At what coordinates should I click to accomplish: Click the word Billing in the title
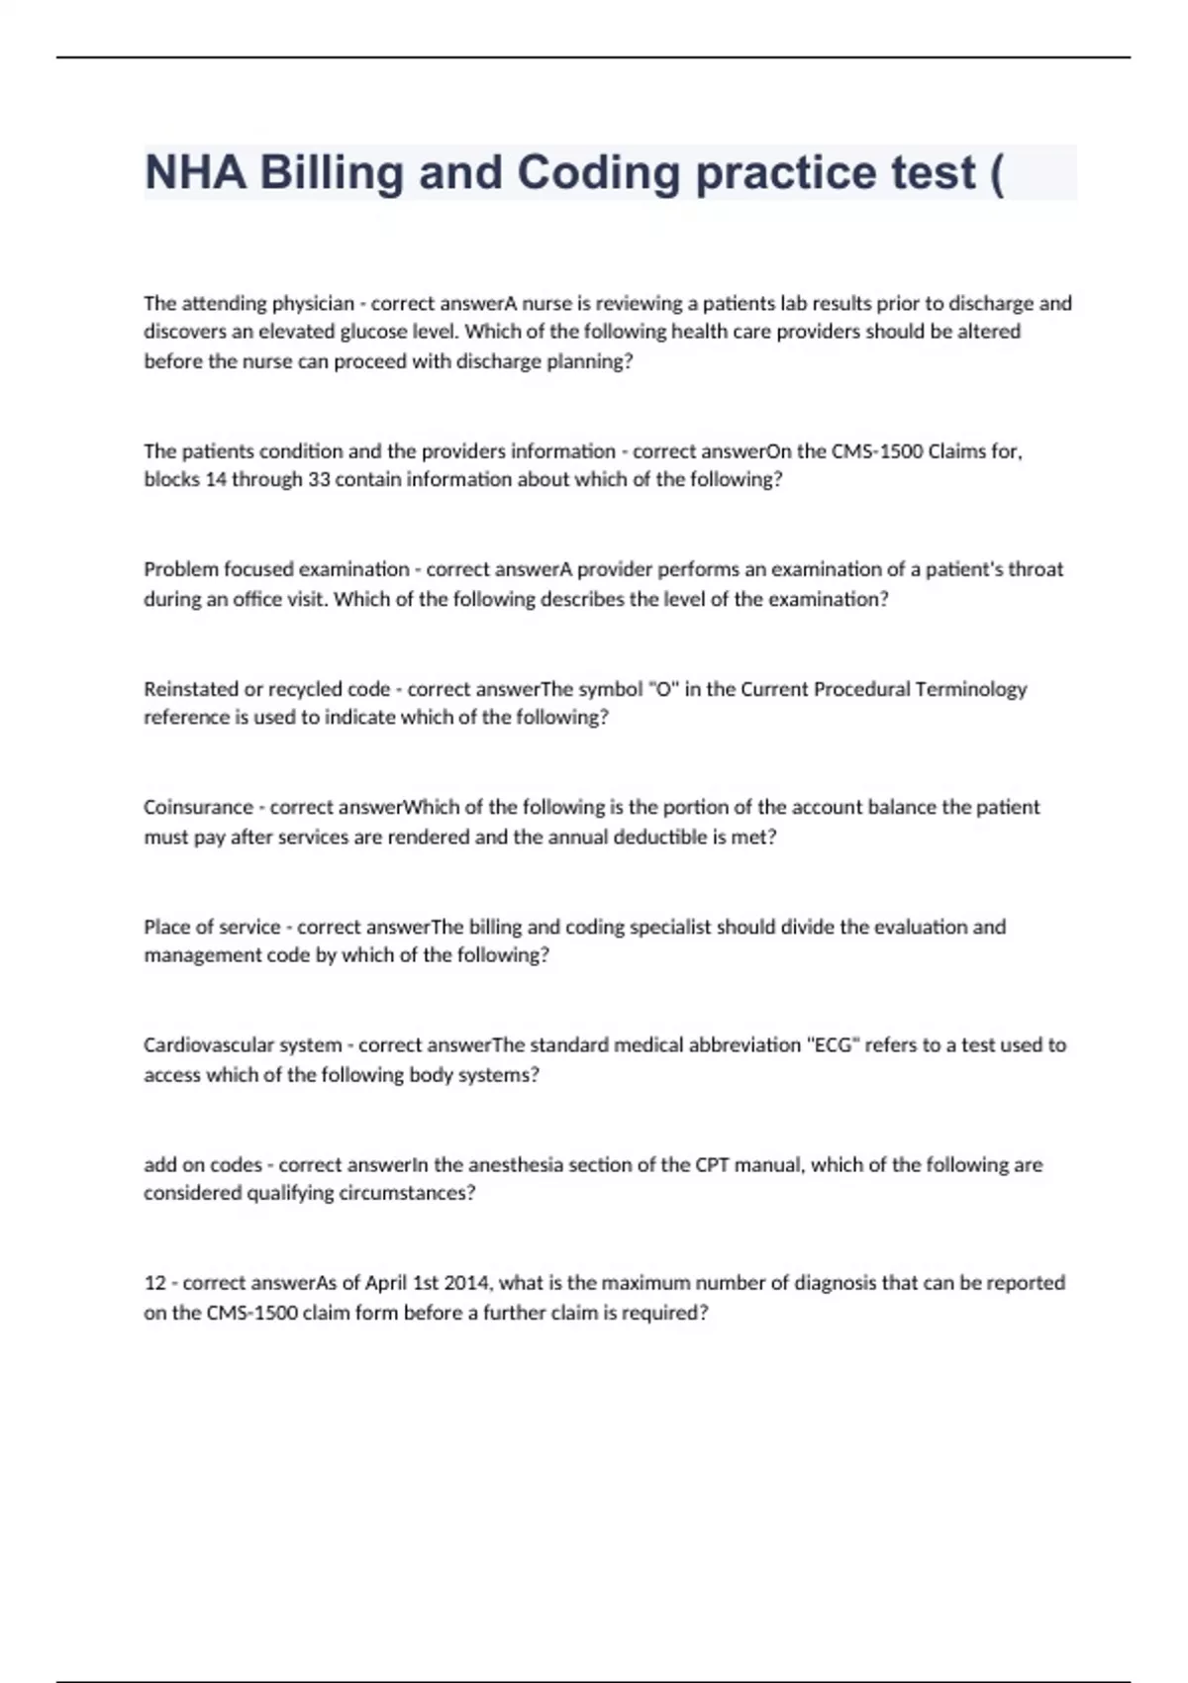click(x=331, y=173)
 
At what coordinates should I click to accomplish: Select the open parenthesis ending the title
click(x=995, y=173)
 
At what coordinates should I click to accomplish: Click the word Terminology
click(x=971, y=689)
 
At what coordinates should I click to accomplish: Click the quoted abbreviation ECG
click(x=833, y=1045)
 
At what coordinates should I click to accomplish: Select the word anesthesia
click(x=524, y=1165)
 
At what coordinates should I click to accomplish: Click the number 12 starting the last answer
click(x=154, y=1283)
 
